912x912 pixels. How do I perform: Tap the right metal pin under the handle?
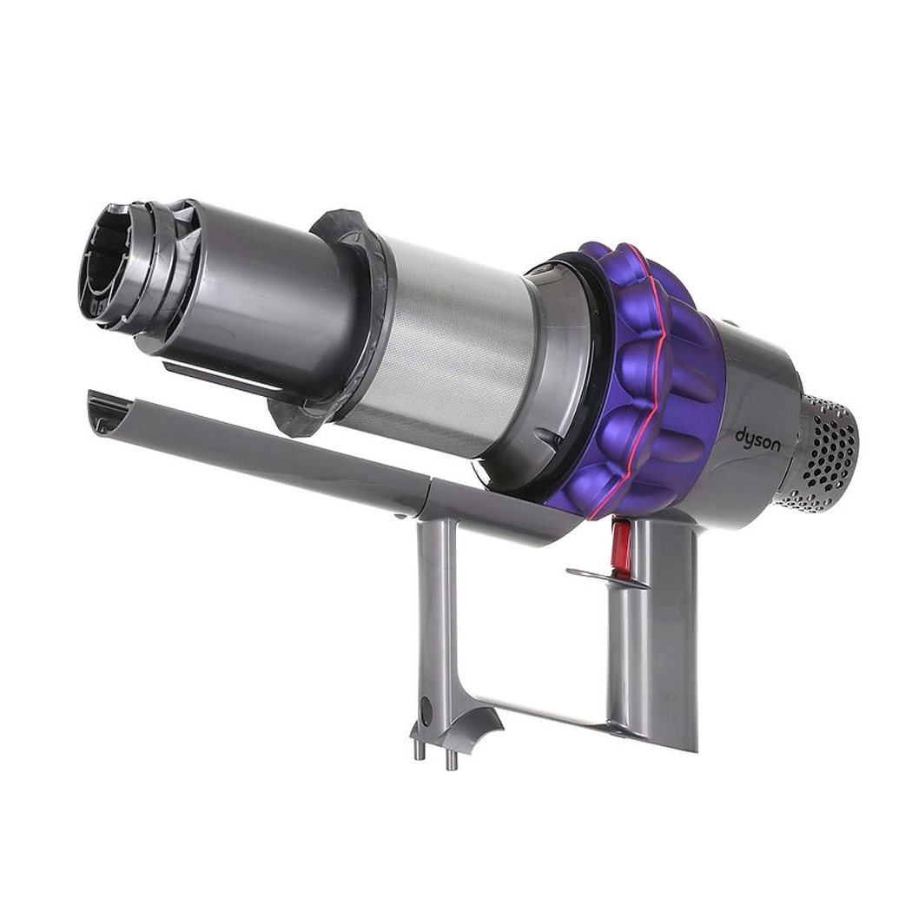pos(450,757)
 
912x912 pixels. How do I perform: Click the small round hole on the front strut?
pos(426,710)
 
